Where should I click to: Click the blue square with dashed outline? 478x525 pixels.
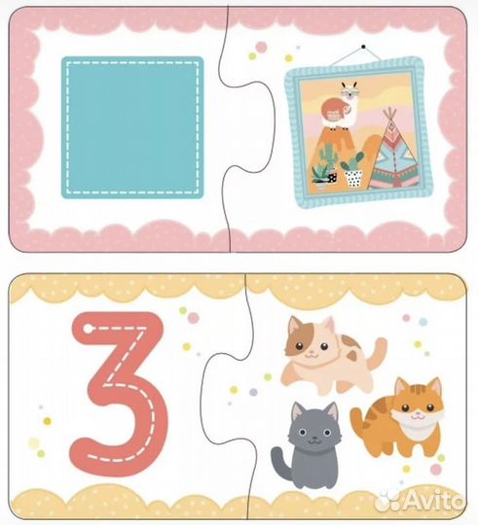(x=132, y=127)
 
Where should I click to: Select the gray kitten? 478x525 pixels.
(x=307, y=445)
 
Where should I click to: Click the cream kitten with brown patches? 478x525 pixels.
(x=332, y=355)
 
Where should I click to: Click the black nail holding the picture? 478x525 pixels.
(x=363, y=47)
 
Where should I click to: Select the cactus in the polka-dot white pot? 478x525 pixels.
(x=352, y=169)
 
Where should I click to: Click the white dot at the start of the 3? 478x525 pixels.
(x=89, y=329)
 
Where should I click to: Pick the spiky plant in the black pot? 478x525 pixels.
(x=322, y=175)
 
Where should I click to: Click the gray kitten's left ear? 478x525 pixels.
(x=298, y=412)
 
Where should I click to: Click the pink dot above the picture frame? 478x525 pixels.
(x=261, y=47)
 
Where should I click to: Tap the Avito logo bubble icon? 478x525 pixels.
(x=388, y=501)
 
